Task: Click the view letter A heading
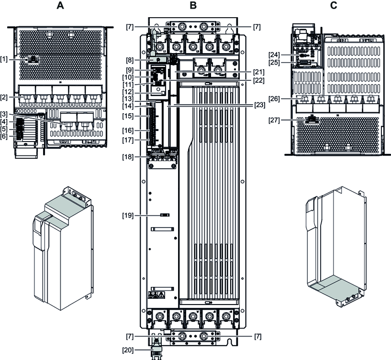(x=60, y=6)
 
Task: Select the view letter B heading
(x=193, y=6)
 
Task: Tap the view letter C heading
(x=334, y=6)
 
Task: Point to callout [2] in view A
(x=4, y=97)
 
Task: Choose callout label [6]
(x=4, y=136)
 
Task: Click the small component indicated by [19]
(x=165, y=216)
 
